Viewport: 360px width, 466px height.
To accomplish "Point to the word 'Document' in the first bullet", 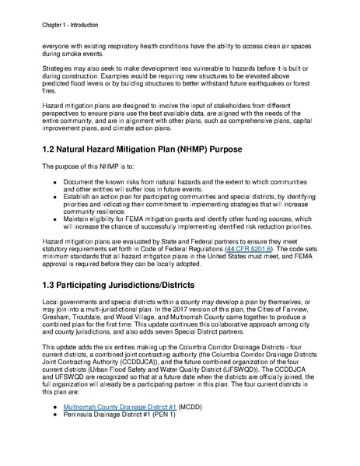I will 80,181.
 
